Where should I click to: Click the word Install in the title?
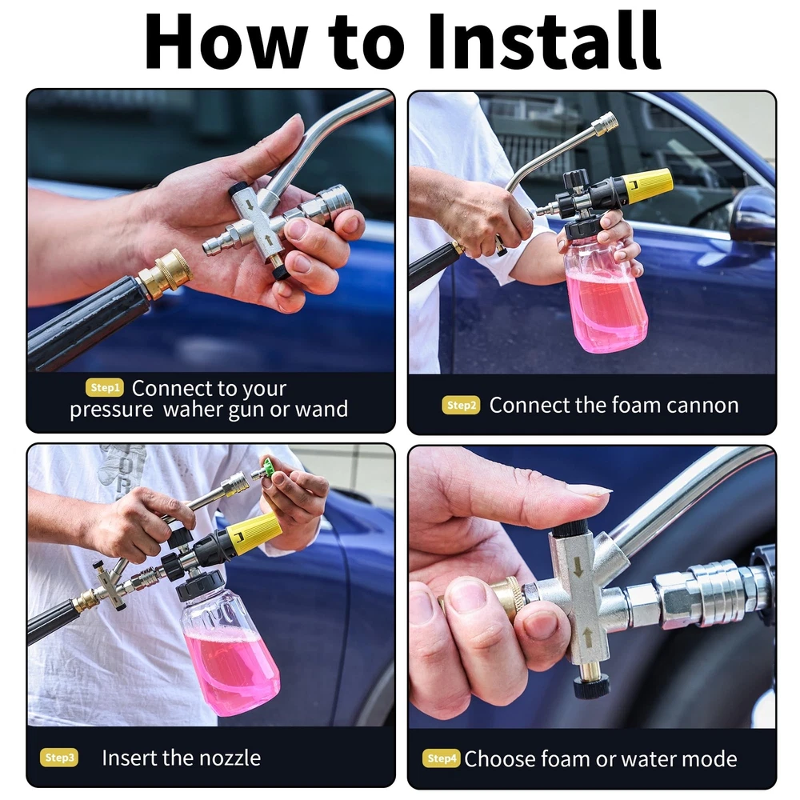(544, 41)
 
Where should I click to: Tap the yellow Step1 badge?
(105, 388)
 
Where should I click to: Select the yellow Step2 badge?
(462, 405)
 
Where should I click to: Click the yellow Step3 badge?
(59, 758)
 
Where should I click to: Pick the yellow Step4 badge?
(442, 758)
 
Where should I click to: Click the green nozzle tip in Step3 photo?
(268, 468)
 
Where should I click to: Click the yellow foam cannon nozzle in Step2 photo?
(644, 187)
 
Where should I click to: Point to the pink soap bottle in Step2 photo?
(605, 291)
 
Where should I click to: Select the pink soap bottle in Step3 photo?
(230, 649)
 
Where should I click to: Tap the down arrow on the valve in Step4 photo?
(578, 567)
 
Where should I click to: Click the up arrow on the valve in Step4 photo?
(588, 638)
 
